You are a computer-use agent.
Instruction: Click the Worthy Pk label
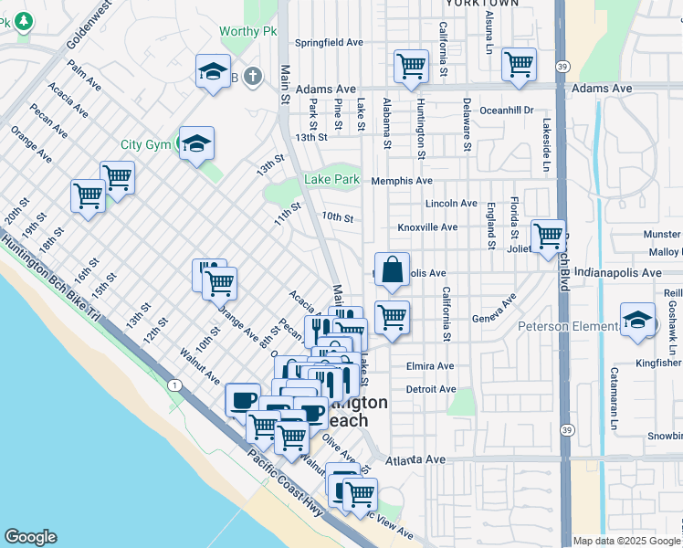pyautogui.click(x=247, y=32)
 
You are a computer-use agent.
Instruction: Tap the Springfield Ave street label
pyautogui.click(x=329, y=43)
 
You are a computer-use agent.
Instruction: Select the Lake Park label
pyautogui.click(x=331, y=180)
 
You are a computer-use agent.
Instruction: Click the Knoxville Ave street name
pyautogui.click(x=427, y=227)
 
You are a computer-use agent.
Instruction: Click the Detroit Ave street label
pyautogui.click(x=430, y=389)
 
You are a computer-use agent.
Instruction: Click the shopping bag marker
pyautogui.click(x=392, y=270)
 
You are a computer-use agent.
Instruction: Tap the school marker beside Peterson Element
pyautogui.click(x=637, y=321)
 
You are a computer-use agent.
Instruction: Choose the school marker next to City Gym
pyautogui.click(x=196, y=143)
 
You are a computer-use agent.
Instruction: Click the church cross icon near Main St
pyautogui.click(x=252, y=78)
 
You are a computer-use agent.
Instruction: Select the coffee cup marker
pyautogui.click(x=243, y=400)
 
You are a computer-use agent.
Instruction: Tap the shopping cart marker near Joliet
pyautogui.click(x=548, y=237)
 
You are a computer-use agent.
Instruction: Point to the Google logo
pyautogui.click(x=30, y=537)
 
